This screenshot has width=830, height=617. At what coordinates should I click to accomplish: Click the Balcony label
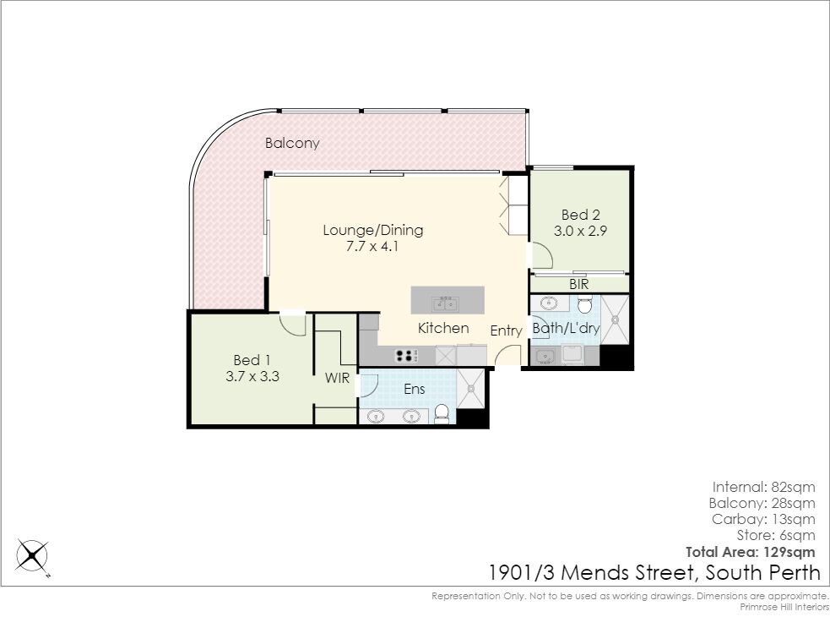pos(292,143)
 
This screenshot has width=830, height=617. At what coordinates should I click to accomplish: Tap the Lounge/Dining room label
pos(372,230)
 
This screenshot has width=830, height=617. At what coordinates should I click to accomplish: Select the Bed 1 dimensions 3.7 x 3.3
pos(252,376)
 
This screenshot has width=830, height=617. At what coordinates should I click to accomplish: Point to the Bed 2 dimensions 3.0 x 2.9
pos(580,231)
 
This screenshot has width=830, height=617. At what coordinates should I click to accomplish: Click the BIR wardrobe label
pos(579,284)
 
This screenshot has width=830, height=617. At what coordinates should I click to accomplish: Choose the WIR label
pos(337,378)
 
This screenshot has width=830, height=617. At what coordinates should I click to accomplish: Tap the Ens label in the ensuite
pos(414,389)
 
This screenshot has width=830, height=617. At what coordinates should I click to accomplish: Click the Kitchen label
pos(443,328)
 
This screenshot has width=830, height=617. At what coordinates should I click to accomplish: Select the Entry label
pos(506,330)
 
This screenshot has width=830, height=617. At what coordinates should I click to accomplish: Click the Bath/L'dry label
pos(566,328)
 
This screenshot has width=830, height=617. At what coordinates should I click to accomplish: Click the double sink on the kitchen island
pos(445,304)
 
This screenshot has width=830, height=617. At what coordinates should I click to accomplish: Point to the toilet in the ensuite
pos(442,413)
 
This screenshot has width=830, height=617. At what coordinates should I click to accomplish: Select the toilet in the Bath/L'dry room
pos(584,304)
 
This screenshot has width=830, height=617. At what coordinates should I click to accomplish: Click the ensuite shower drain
pos(470,389)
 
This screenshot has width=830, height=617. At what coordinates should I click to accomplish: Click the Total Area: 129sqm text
pos(750,552)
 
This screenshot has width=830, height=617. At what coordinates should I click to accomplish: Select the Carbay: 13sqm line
pos(763,519)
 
